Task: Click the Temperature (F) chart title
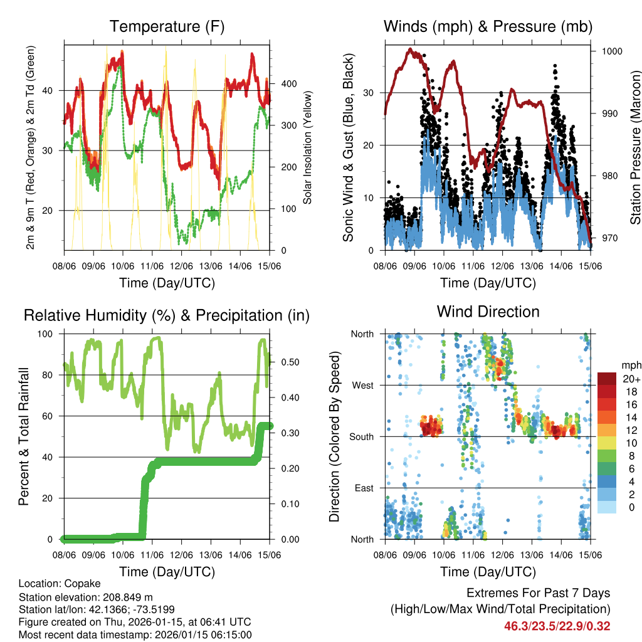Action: coord(167,27)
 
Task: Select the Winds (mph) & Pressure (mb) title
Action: coord(488,27)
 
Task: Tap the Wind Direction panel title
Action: coord(488,312)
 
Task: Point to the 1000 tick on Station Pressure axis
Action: coord(611,51)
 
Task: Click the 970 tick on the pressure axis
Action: coord(609,238)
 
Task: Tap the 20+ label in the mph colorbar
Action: coord(631,379)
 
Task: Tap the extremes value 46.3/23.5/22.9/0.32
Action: coord(557,626)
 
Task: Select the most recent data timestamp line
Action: coord(135,634)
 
